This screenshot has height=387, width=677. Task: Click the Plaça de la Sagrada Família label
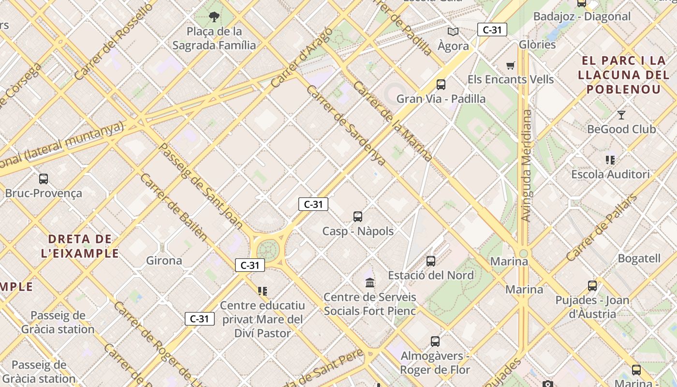point(214,38)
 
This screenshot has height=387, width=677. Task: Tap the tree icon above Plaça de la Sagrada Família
point(214,18)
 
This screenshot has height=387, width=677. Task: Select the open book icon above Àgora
point(453,32)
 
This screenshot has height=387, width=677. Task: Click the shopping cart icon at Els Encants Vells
point(511,65)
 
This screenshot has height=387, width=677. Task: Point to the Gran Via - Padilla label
point(441,99)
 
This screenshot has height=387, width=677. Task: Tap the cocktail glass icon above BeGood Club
point(621,115)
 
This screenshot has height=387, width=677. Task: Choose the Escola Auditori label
point(611,174)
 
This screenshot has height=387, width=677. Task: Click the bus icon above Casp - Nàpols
point(358,217)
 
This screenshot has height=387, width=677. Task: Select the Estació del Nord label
point(431,275)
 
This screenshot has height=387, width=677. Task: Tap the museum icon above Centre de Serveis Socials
point(370,283)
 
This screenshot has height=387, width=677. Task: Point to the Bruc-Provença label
point(44,193)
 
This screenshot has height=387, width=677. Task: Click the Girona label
point(164,261)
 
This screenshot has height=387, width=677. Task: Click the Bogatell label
point(639,258)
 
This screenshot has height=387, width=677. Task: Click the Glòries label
point(537,45)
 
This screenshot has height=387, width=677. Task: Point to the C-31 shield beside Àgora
point(492,30)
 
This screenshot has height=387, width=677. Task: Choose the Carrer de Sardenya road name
point(346,126)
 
